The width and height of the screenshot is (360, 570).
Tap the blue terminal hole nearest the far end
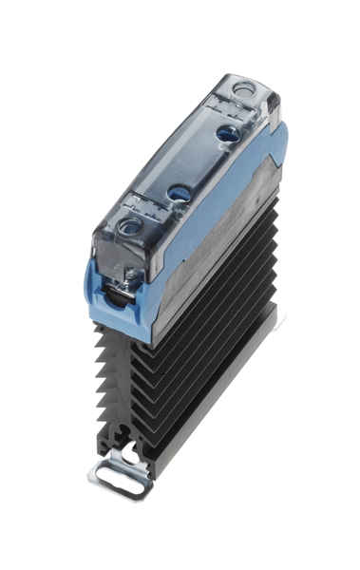229,134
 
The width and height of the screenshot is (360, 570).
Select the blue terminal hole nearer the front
178,194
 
